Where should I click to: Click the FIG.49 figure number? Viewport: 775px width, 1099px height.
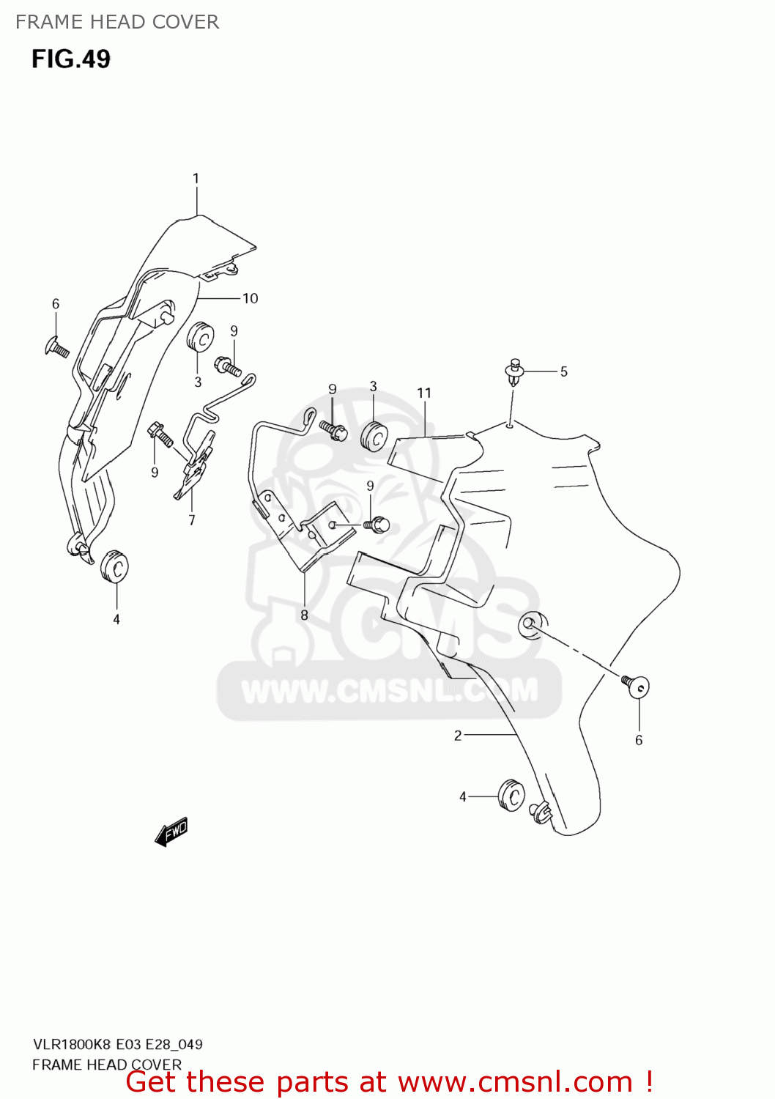71,59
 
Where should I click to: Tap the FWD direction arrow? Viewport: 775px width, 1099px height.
172,832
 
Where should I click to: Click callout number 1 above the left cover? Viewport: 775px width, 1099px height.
196,178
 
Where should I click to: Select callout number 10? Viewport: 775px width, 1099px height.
251,298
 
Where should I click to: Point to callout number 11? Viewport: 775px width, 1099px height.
424,393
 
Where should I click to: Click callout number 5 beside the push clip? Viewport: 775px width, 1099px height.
563,371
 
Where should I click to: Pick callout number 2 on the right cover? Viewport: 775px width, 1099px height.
458,735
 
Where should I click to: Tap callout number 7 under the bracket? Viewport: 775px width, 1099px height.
192,520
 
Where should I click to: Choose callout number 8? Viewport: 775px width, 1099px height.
304,615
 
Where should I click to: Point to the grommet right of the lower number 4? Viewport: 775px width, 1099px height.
511,796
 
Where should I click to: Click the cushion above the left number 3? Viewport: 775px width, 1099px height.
200,338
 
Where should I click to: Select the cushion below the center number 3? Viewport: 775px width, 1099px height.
374,437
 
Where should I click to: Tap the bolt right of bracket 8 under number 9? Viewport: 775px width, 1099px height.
378,525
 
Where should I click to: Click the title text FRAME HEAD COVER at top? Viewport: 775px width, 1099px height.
117,22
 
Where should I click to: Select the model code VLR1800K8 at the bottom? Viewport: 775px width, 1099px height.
73,1044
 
